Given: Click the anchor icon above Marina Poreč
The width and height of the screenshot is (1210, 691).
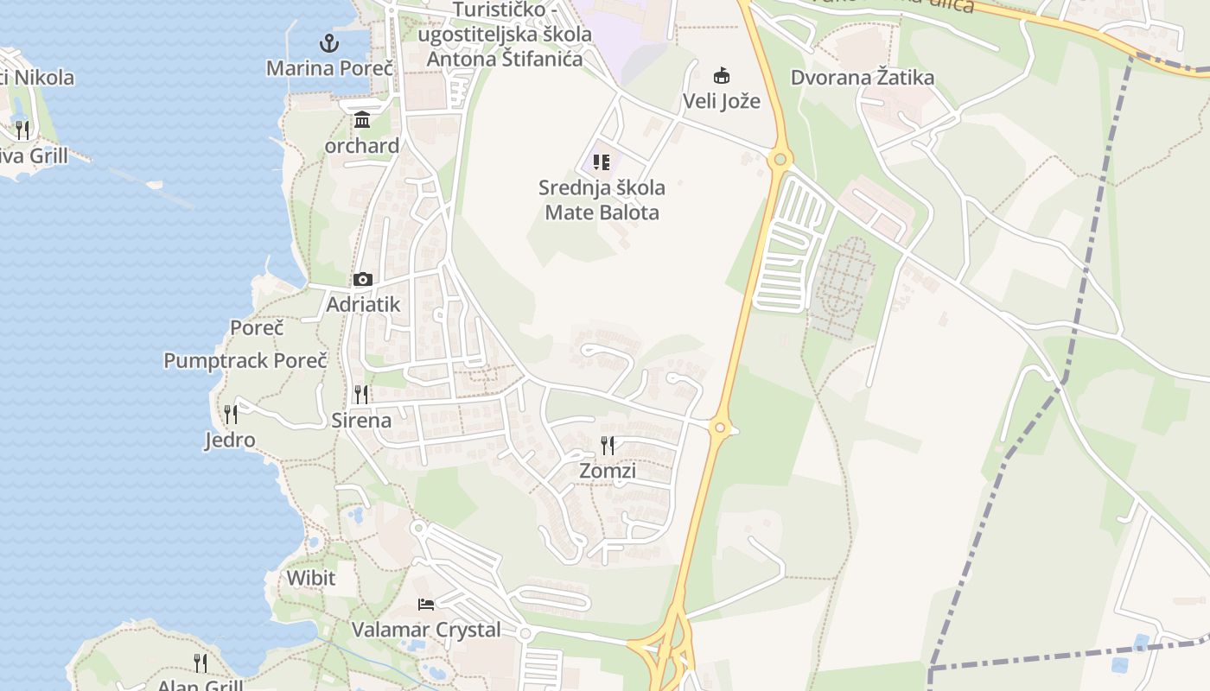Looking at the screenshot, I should click(x=328, y=41).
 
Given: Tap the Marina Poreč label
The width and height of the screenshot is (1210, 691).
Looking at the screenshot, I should click(x=329, y=67).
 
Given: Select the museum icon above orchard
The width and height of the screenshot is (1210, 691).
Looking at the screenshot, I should click(x=362, y=119).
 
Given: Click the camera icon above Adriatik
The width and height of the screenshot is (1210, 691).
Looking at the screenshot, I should click(x=363, y=279).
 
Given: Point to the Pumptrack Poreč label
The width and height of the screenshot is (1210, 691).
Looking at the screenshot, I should click(x=245, y=360).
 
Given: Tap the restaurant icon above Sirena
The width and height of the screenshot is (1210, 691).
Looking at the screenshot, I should click(x=361, y=395).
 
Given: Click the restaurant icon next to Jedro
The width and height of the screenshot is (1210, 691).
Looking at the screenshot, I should click(x=230, y=415).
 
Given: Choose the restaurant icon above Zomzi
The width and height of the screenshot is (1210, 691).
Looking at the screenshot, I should click(x=608, y=446).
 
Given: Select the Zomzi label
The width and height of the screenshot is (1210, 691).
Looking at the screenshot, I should click(x=608, y=471).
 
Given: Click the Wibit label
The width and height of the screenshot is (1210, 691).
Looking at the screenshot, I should click(x=310, y=577).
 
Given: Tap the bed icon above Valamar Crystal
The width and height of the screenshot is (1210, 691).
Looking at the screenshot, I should click(x=425, y=604).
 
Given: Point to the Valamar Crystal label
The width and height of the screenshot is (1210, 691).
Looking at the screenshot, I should click(x=426, y=630).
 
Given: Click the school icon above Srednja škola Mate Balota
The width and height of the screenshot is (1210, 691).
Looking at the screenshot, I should click(x=602, y=162).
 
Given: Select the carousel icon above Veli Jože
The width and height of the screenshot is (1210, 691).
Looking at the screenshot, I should click(x=721, y=75).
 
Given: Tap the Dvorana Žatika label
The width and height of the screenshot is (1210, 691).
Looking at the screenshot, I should click(x=863, y=78).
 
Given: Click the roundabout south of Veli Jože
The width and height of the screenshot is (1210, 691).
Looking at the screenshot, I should click(x=780, y=159).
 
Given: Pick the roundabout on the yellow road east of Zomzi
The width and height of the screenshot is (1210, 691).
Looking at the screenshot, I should click(x=719, y=427).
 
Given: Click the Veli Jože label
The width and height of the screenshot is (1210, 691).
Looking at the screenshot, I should click(x=722, y=101).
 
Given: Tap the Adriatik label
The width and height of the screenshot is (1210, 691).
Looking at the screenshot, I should click(x=363, y=304).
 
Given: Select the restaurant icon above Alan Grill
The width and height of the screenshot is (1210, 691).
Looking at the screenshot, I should click(x=201, y=662).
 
